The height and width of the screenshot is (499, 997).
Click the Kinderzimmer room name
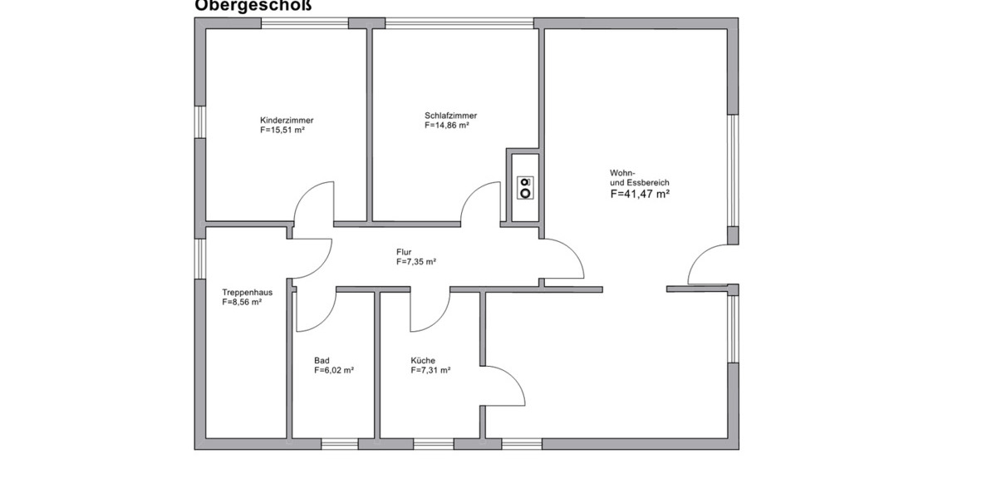pyautogui.click(x=287, y=120)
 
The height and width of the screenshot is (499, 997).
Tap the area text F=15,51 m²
pyautogui.click(x=282, y=131)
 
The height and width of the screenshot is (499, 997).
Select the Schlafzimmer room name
pyautogui.click(x=450, y=116)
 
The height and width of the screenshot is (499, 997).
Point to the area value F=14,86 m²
pyautogui.click(x=447, y=126)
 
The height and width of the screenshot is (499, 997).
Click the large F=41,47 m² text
pyautogui.click(x=640, y=194)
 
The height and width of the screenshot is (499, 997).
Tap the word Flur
pyautogui.click(x=404, y=252)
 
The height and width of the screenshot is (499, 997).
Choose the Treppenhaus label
pyautogui.click(x=247, y=293)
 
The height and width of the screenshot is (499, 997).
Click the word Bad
pyautogui.click(x=322, y=360)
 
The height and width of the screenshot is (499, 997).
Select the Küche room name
pyautogui.click(x=423, y=360)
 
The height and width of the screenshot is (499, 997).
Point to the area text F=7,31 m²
pyautogui.click(x=430, y=371)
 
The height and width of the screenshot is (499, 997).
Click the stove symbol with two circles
pyautogui.click(x=525, y=188)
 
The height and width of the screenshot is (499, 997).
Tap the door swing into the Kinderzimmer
pyautogui.click(x=316, y=204)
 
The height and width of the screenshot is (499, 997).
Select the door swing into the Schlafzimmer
pyautogui.click(x=482, y=204)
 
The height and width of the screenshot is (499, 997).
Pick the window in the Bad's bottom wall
pyautogui.click(x=339, y=443)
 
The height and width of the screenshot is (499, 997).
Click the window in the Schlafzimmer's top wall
pyautogui.click(x=459, y=23)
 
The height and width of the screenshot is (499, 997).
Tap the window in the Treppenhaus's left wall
pyautogui.click(x=199, y=259)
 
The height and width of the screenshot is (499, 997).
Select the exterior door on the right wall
pyautogui.click(x=708, y=266)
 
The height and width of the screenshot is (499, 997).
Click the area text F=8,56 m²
pyautogui.click(x=242, y=304)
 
